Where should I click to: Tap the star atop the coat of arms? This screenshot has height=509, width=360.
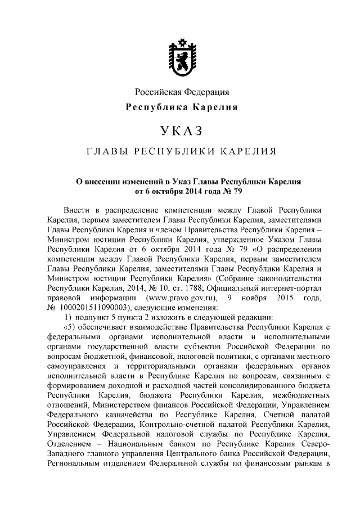181,42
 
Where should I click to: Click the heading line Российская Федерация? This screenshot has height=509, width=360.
181,92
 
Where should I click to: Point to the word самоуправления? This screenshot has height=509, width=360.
80,367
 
